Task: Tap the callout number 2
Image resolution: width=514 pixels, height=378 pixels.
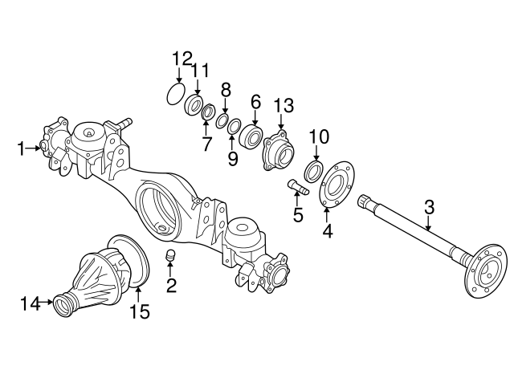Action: pos(170,285)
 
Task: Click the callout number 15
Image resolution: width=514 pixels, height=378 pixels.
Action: pos(140,311)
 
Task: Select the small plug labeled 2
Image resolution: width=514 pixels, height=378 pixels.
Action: pos(170,256)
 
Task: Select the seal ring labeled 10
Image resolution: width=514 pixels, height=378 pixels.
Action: pos(315,169)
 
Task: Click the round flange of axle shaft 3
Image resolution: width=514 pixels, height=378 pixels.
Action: pos(486,273)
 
